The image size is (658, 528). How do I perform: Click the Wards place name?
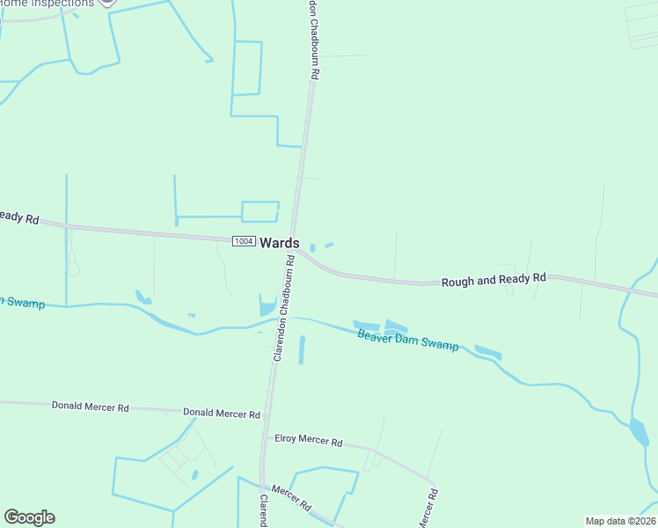click(280, 243)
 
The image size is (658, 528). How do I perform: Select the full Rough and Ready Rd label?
click(493, 279)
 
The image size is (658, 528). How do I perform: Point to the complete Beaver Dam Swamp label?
click(407, 341)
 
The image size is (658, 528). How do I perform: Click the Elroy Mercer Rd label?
click(308, 439)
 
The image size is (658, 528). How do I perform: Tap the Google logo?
click(29, 517)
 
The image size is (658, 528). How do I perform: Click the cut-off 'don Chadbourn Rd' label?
click(313, 40)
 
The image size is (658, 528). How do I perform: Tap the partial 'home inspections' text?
click(48, 4)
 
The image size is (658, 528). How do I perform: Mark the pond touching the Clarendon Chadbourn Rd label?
click(267, 305)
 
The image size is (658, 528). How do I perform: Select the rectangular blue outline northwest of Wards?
click(260, 211)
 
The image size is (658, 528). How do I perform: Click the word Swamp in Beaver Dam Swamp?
click(439, 345)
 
